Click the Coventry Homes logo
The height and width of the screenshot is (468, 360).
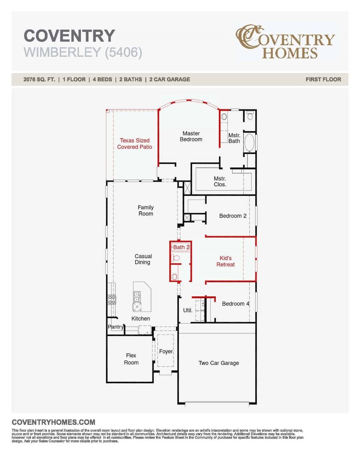point(285,42)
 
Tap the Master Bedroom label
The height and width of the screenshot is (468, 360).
point(191,136)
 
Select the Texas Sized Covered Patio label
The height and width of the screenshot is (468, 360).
point(134,144)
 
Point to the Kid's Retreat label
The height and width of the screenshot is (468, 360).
point(226,261)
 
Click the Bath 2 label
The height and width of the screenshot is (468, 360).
point(181,247)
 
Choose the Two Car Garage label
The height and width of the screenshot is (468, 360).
point(219,363)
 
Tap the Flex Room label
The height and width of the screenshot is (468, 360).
point(131,359)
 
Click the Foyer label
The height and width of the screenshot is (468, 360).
point(166,351)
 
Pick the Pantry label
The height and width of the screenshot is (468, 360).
point(116,327)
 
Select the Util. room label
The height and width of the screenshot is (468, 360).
point(187,310)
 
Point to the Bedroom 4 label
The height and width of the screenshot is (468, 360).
point(235,303)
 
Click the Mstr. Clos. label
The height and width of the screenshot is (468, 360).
point(220,181)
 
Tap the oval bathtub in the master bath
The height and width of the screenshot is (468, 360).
point(249,143)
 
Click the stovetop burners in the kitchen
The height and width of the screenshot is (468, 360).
point(112,300)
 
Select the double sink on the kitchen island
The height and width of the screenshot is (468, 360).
point(137,296)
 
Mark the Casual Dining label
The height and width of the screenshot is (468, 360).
point(143,259)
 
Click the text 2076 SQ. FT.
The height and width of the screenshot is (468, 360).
point(39,80)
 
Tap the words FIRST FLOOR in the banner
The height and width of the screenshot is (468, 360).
point(323,80)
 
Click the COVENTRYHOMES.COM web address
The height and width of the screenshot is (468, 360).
point(53,422)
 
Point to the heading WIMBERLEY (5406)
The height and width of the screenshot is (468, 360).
point(83,52)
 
